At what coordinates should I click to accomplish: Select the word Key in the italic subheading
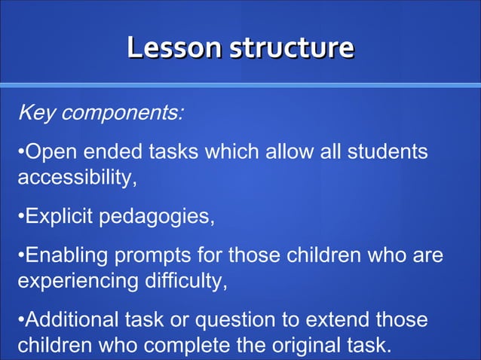[x=34, y=114]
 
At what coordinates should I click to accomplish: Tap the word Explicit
[x=60, y=218]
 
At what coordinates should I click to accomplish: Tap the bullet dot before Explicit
[x=20, y=218]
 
